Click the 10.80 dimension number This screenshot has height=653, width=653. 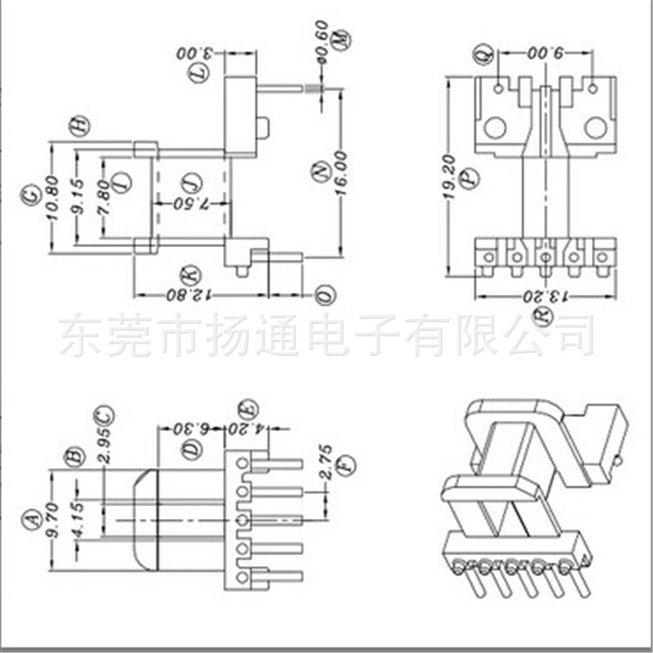pyautogui.click(x=54, y=201)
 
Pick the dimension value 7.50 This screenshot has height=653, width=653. pyautogui.click(x=191, y=204)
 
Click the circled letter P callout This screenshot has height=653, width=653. pyautogui.click(x=470, y=178)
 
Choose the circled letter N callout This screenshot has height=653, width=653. pyautogui.click(x=319, y=172)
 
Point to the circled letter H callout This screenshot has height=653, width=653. pyautogui.click(x=79, y=126)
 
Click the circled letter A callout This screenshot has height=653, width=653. pyautogui.click(x=33, y=520)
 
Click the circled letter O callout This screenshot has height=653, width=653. pyautogui.click(x=324, y=294)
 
